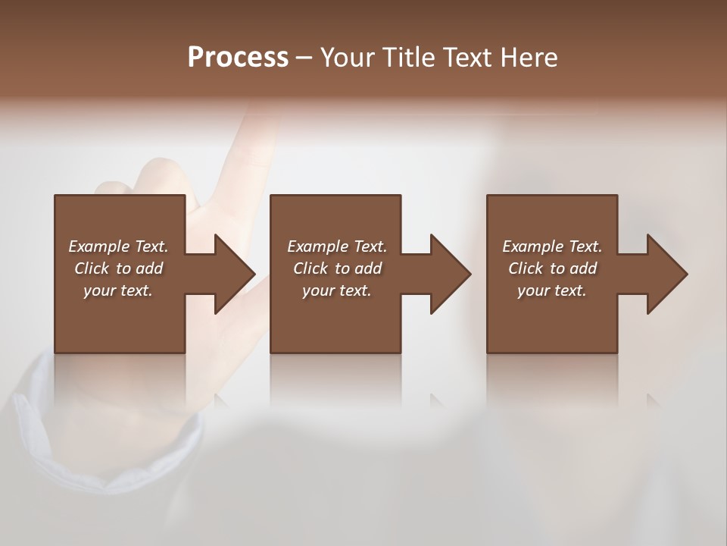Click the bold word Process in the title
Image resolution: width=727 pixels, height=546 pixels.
pos(238,58)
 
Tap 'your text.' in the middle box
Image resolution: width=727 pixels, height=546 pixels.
pos(337,290)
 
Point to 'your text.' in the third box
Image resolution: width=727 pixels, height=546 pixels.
pos(552,290)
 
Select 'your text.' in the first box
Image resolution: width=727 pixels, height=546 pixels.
pos(118,290)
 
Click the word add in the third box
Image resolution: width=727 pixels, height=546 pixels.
pos(584,268)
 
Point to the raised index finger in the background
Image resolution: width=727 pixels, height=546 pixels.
pos(254,140)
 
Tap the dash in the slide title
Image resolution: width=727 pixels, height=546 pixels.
pos(304,58)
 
